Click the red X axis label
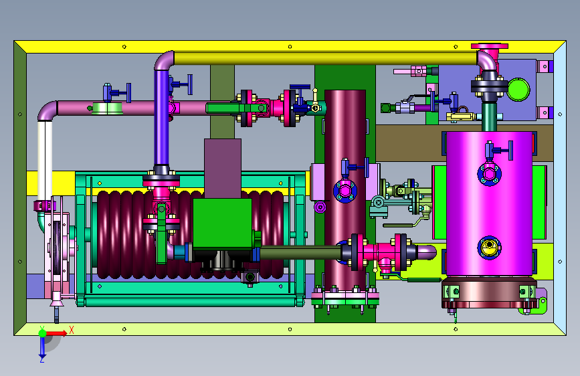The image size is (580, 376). [72, 330]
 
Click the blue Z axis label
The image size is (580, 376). [41, 359]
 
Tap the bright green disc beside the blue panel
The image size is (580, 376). [518, 89]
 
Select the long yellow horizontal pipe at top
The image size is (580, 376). [326, 58]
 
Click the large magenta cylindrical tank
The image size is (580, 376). [490, 203]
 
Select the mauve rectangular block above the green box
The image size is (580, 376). [223, 169]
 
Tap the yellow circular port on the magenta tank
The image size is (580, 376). [490, 248]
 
